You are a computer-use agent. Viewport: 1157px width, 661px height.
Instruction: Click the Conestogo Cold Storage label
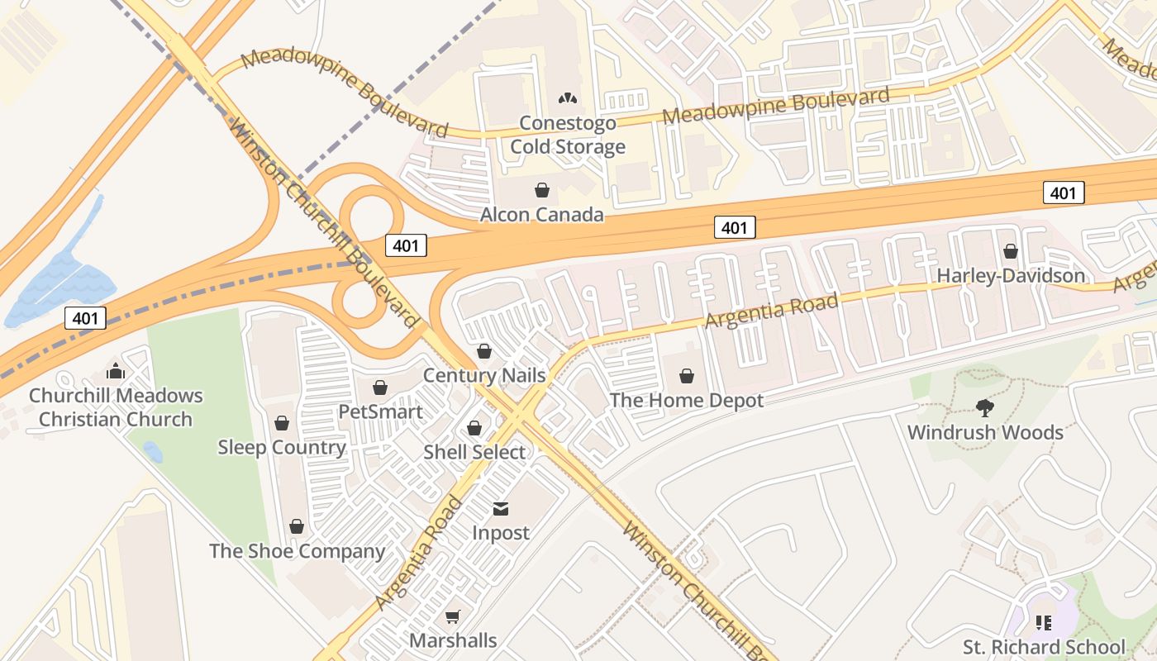(567, 136)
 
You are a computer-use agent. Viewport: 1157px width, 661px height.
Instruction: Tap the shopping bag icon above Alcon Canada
(542, 191)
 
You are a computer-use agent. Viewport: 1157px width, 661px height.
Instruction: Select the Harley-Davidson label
(1010, 276)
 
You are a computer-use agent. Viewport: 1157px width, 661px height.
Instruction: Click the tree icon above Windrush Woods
(984, 407)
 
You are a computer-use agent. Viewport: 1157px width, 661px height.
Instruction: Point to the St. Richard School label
(1044, 647)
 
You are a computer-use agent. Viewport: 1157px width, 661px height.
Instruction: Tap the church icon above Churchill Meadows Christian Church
(116, 371)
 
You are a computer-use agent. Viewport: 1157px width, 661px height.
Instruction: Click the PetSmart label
(380, 411)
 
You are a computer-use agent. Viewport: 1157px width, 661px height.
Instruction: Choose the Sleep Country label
(282, 448)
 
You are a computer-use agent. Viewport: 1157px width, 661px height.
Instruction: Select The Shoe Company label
(297, 551)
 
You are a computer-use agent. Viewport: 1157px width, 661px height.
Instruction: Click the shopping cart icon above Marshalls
(452, 616)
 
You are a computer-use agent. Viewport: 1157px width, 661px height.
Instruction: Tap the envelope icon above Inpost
(501, 508)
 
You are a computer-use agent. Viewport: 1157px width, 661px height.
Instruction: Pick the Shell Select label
(474, 453)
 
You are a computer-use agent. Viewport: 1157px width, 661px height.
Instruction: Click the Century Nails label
(484, 376)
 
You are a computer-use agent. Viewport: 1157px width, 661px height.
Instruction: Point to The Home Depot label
(686, 401)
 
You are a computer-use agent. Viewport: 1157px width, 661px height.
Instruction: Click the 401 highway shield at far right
(1063, 193)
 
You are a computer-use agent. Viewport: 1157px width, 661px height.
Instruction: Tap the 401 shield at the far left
(85, 318)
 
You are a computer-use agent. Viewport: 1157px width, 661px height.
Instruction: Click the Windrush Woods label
(985, 432)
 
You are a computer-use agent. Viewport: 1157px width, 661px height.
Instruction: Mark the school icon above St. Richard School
(1043, 622)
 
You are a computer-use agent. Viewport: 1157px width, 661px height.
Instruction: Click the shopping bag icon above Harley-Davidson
(1010, 251)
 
